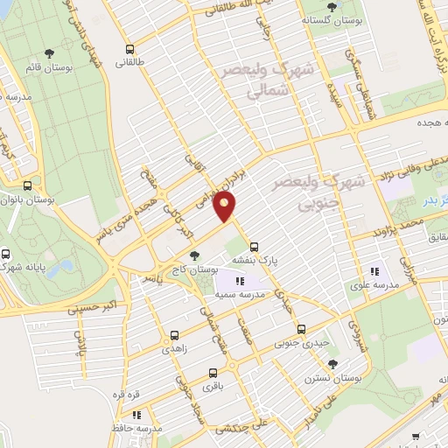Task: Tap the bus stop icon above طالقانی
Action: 130,49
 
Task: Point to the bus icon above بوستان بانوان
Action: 29,186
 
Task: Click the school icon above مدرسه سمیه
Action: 240,281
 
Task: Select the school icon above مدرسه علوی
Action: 376,271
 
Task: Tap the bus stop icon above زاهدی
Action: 174,334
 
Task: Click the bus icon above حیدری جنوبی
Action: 301,330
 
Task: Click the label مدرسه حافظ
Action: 142,428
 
